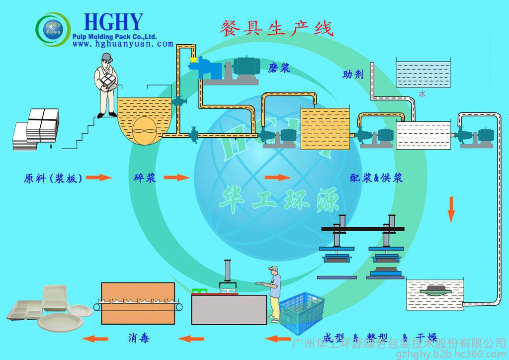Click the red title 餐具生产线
(276, 27)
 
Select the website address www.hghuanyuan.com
(123, 44)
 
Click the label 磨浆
(279, 68)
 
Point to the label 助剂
(353, 75)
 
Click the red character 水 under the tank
(422, 93)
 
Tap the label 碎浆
(145, 178)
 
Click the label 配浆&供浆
(376, 178)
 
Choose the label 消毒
(139, 339)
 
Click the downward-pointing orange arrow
(451, 209)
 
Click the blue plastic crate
(299, 313)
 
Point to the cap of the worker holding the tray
(272, 269)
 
